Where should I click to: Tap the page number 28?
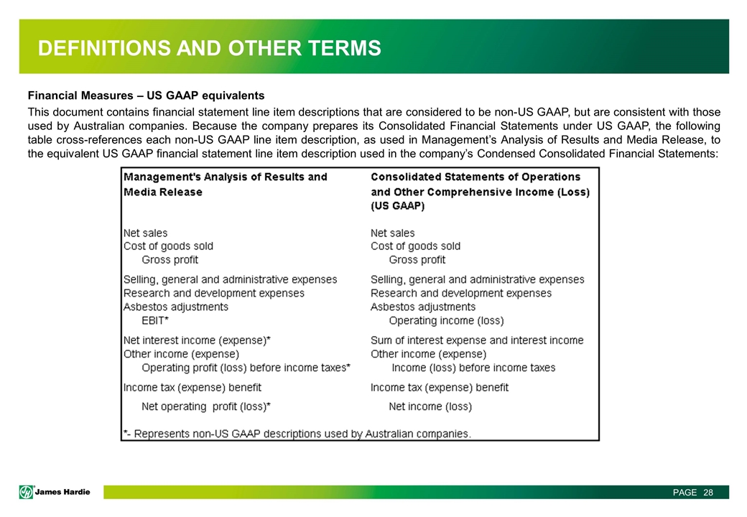(x=708, y=492)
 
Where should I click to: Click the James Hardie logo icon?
(x=27, y=492)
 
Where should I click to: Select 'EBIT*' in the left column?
(x=155, y=320)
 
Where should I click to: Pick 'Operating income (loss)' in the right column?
(x=446, y=320)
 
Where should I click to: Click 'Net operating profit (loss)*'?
(x=206, y=406)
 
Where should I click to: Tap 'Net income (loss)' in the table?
(x=430, y=406)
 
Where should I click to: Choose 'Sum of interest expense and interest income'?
(x=477, y=340)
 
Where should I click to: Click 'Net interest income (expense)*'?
(x=197, y=340)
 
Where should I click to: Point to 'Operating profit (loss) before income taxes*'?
(x=246, y=368)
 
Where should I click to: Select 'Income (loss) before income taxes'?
(x=473, y=368)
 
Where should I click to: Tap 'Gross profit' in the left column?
(x=170, y=259)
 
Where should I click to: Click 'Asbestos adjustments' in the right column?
(x=423, y=307)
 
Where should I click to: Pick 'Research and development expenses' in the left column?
(x=213, y=293)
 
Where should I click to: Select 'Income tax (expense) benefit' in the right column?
(x=440, y=387)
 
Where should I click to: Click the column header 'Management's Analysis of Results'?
(x=225, y=177)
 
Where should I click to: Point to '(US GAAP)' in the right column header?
(x=397, y=206)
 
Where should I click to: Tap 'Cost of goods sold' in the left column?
(x=168, y=246)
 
